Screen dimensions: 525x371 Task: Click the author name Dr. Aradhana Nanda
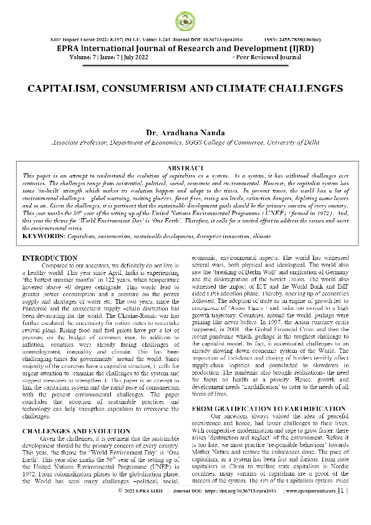(x=185, y=133)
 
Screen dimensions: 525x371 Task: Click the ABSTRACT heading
(x=185, y=168)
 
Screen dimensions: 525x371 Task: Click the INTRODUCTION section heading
(x=49, y=240)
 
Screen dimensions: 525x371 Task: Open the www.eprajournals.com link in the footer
(x=311, y=508)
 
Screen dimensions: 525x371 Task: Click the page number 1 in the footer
(x=342, y=508)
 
